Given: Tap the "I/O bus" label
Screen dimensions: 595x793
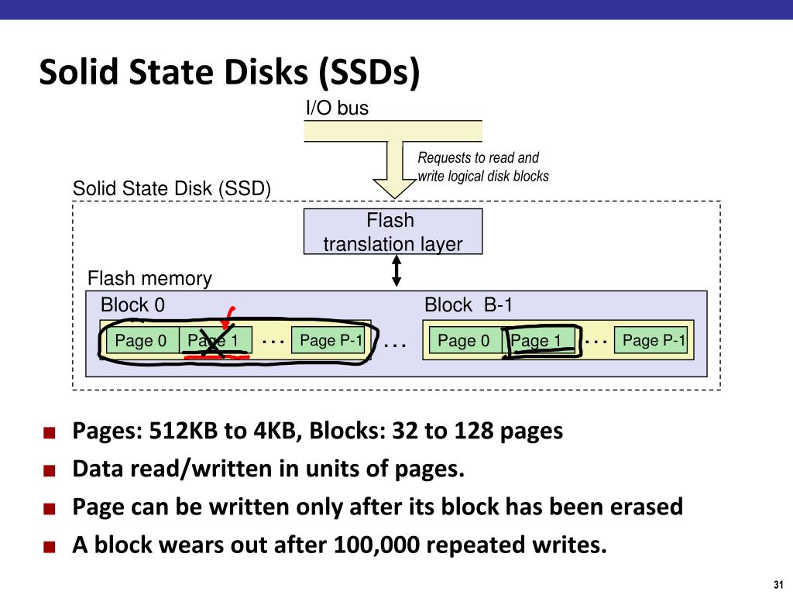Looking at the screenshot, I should [x=336, y=108].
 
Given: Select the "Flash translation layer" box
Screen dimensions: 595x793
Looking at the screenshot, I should [x=393, y=232].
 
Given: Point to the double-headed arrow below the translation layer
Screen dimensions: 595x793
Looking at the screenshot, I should [x=396, y=271].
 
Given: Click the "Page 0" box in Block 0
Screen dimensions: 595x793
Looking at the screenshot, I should [x=141, y=341].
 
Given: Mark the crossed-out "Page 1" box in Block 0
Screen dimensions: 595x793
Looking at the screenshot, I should [x=215, y=341].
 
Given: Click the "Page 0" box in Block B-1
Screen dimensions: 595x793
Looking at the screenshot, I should [x=464, y=340].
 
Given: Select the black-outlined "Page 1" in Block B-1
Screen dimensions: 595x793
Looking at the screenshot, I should [x=539, y=341].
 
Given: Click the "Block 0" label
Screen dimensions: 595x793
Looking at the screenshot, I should [x=132, y=305].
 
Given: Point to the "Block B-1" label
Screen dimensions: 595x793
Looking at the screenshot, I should [x=469, y=305].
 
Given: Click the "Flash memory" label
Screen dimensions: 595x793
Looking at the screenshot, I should [x=149, y=278].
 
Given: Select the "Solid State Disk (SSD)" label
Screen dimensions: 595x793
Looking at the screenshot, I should [x=172, y=189].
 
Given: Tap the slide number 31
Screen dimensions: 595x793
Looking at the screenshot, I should [x=778, y=583].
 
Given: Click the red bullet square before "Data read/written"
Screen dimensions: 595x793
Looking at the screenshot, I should [x=50, y=471].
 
